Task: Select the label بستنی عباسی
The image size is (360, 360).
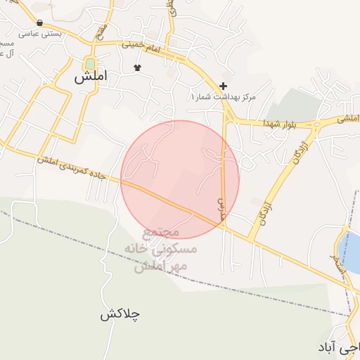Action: [x=39, y=33]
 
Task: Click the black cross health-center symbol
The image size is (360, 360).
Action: [x=224, y=86]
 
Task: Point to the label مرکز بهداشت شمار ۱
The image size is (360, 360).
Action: [x=224, y=96]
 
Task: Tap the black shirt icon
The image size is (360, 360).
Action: [x=137, y=69]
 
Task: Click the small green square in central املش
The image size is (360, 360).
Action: [x=90, y=63]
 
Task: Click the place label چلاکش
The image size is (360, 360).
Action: [x=120, y=314]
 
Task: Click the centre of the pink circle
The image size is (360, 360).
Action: [x=180, y=179]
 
